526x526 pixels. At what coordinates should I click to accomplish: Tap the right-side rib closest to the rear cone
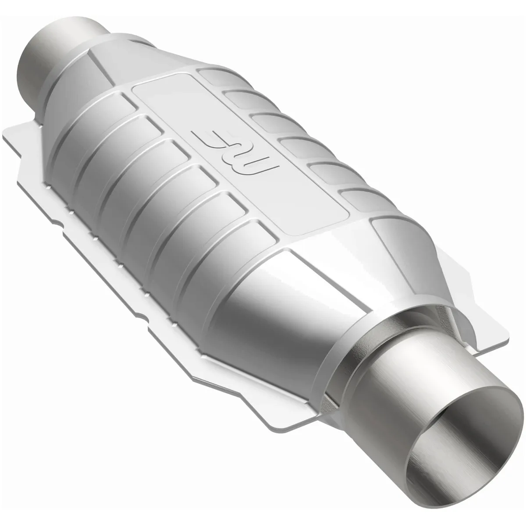(215, 75)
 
